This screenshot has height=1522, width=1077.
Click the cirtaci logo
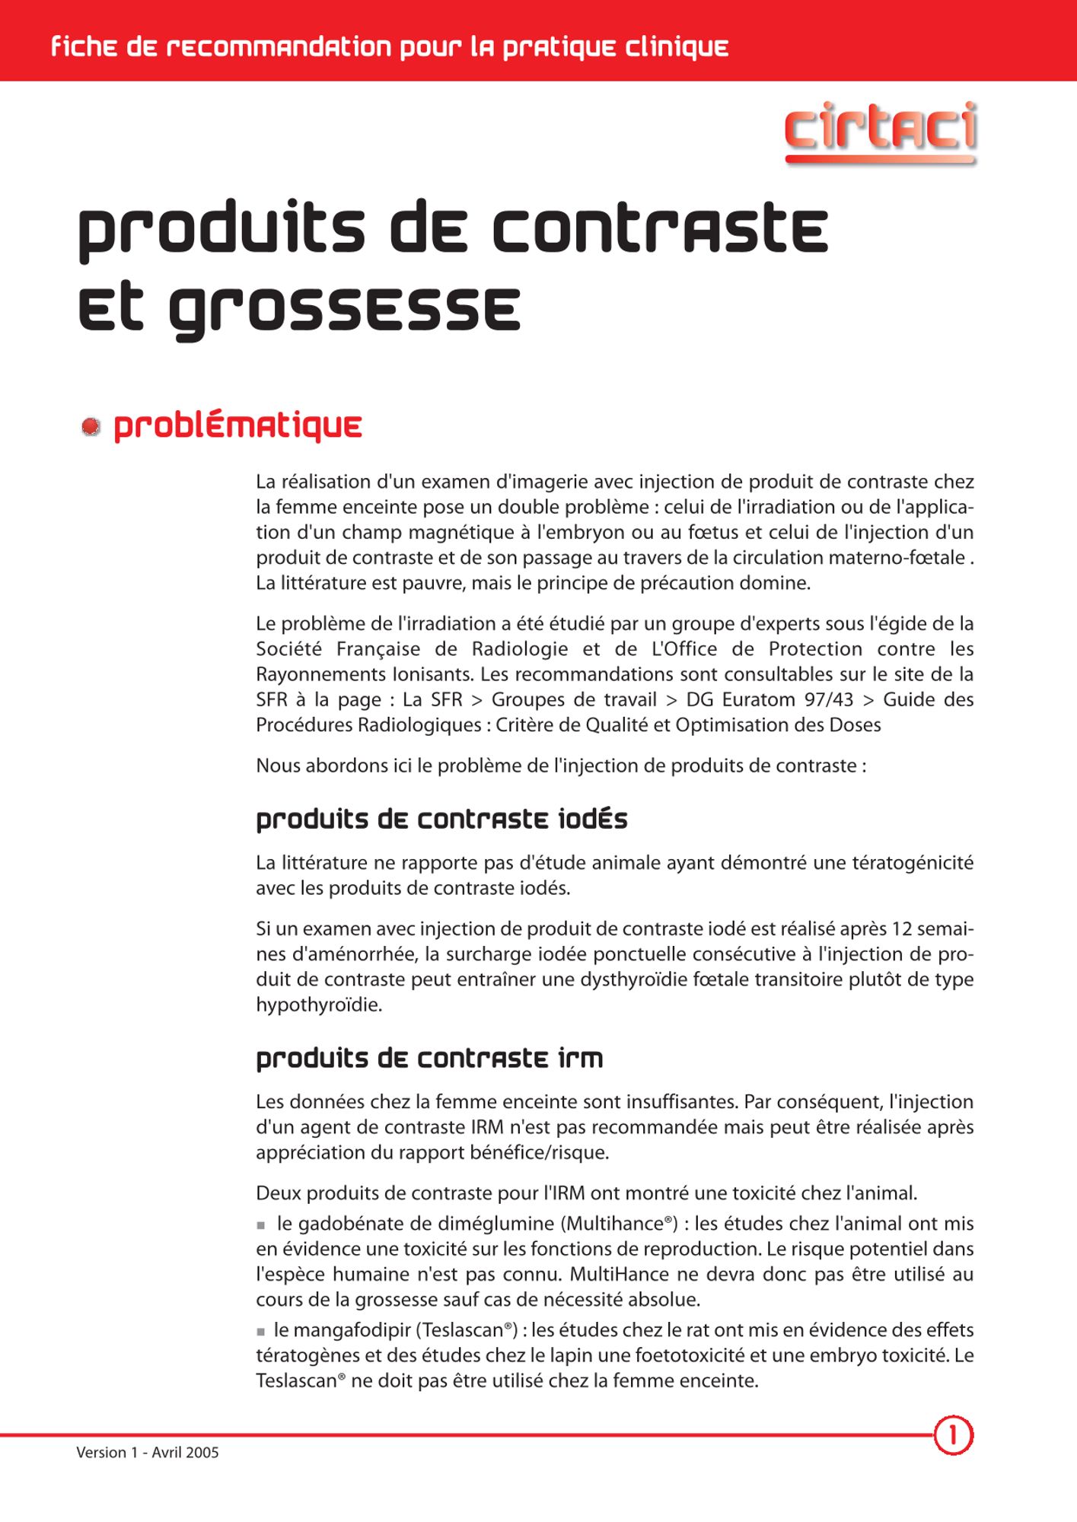pyautogui.click(x=880, y=130)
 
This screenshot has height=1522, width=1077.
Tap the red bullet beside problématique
pyautogui.click(x=91, y=427)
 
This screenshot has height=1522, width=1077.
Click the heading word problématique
pyautogui.click(x=237, y=427)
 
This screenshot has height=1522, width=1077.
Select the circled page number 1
pyautogui.click(x=952, y=1435)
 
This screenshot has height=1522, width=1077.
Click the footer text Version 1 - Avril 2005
pyautogui.click(x=148, y=1452)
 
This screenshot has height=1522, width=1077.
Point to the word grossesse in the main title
pyautogui.click(x=344, y=310)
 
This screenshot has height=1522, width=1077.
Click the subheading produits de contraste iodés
pyautogui.click(x=441, y=820)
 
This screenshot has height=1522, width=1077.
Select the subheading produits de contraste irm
pyautogui.click(x=429, y=1059)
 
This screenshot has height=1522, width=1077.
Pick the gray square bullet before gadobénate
pyautogui.click(x=261, y=1225)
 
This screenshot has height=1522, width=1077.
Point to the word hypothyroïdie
pyautogui.click(x=318, y=1005)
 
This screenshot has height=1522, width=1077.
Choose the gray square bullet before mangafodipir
pyautogui.click(x=261, y=1332)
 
